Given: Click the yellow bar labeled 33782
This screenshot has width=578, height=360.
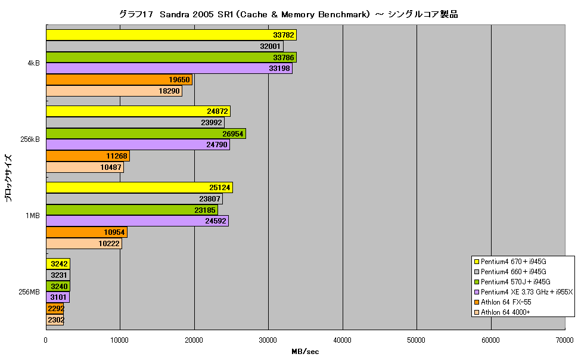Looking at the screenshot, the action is tap(171, 35).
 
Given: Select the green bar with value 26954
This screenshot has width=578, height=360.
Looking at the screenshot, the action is tap(146, 134).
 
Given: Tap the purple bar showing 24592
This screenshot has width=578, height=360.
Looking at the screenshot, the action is tap(137, 221).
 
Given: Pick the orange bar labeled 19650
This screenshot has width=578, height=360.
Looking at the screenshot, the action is tap(119, 80).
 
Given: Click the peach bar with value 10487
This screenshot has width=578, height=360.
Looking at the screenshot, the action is tap(85, 167).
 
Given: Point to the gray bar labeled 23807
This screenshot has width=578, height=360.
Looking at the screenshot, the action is tap(134, 199).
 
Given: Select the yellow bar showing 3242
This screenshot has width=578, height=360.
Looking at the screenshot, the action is tap(58, 263).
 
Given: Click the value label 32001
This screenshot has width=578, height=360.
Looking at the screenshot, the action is tap(270, 46).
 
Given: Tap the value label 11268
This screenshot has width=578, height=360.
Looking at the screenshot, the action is tap(116, 156).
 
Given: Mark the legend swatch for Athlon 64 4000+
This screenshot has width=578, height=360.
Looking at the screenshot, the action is tap(476, 312).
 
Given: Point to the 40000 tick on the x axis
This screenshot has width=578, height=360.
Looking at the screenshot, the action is tap(343, 340).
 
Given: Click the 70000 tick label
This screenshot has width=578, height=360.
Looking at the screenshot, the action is tap(565, 340).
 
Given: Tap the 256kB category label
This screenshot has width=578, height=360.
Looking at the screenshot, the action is tap(30, 139).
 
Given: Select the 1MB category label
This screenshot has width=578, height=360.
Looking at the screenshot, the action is tap(32, 215).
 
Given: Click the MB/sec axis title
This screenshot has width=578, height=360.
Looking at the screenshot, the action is tap(305, 352).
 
